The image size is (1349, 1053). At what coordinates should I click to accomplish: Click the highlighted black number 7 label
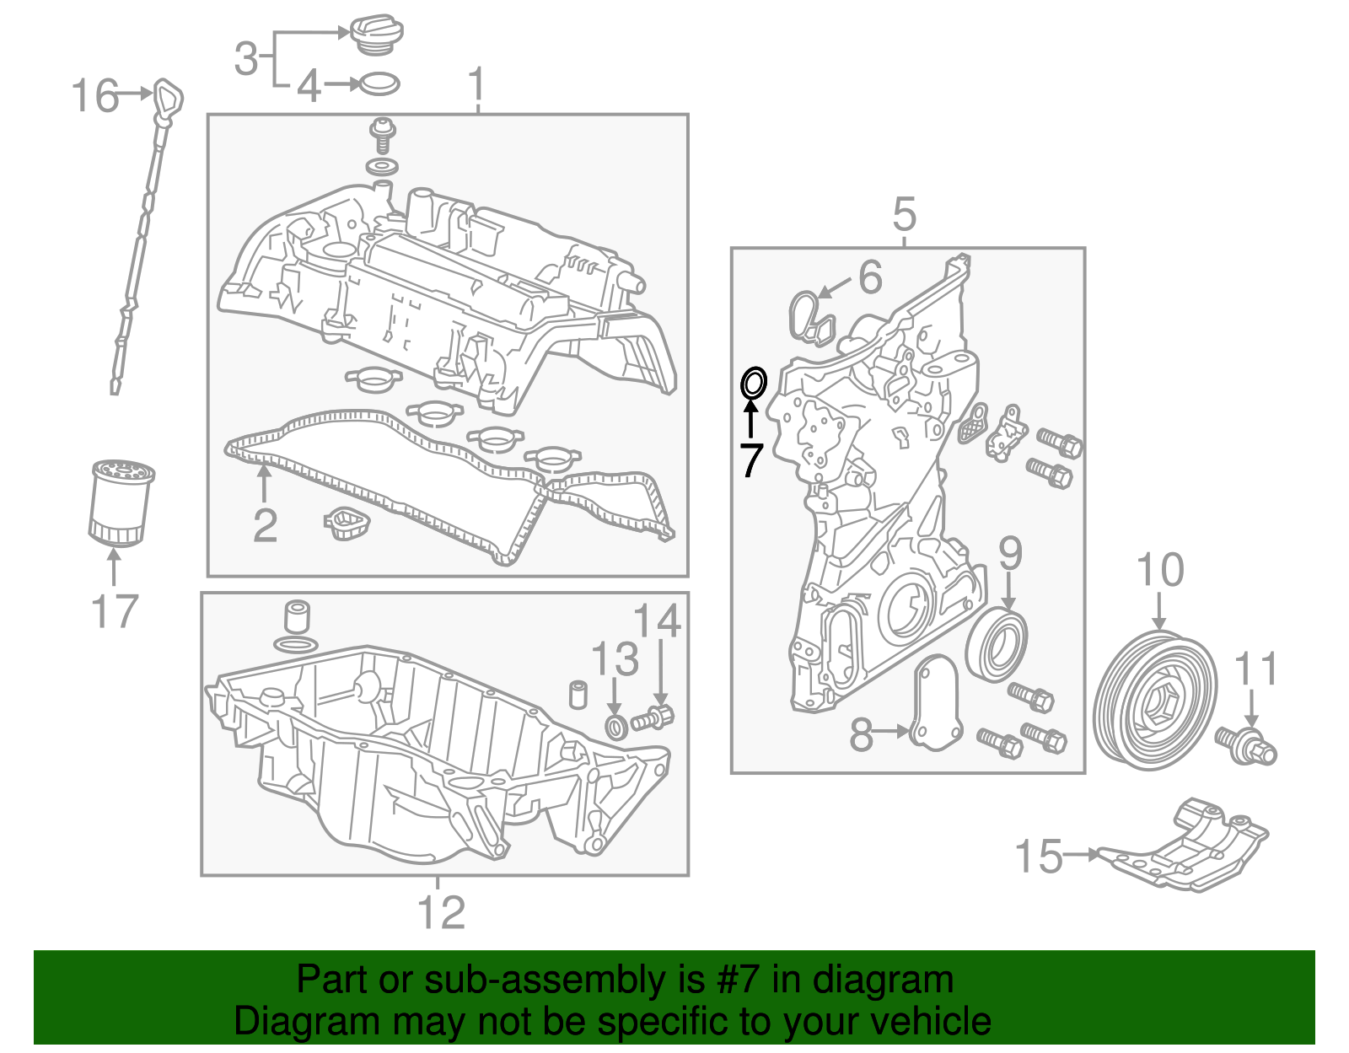[750, 459]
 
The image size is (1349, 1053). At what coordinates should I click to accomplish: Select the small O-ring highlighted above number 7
[753, 384]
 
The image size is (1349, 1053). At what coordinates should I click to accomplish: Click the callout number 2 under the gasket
[265, 526]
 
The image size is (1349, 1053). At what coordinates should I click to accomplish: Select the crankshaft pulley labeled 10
[1155, 700]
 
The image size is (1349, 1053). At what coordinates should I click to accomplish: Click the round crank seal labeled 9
[997, 646]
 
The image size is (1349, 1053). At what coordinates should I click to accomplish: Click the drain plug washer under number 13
[616, 726]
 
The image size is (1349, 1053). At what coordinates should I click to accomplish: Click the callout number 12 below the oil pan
[441, 913]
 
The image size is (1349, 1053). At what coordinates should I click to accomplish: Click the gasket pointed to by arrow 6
[811, 319]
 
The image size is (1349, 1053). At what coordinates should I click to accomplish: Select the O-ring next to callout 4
[379, 83]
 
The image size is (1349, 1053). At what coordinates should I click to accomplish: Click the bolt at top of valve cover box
[384, 135]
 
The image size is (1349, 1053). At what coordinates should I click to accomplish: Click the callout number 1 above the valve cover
[477, 85]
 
